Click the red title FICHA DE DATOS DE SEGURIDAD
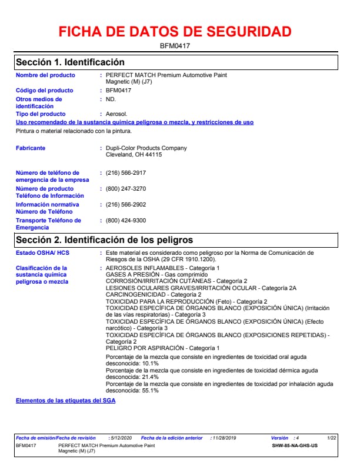(x=175, y=32)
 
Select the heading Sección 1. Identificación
(x=70, y=62)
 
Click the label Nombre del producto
(x=45, y=75)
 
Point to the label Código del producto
(x=45, y=91)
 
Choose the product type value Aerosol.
(x=116, y=114)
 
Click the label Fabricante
(x=31, y=148)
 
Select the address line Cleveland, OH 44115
(x=134, y=155)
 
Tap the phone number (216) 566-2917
(x=126, y=173)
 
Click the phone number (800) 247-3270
(x=126, y=189)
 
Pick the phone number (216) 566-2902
(x=126, y=205)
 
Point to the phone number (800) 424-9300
(x=126, y=221)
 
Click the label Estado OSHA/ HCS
(x=42, y=252)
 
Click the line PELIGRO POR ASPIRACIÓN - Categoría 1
(x=162, y=348)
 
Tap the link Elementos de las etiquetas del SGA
(x=66, y=401)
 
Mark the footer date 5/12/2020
(x=122, y=438)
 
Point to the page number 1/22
(x=332, y=438)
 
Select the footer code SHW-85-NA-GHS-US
(x=295, y=445)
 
